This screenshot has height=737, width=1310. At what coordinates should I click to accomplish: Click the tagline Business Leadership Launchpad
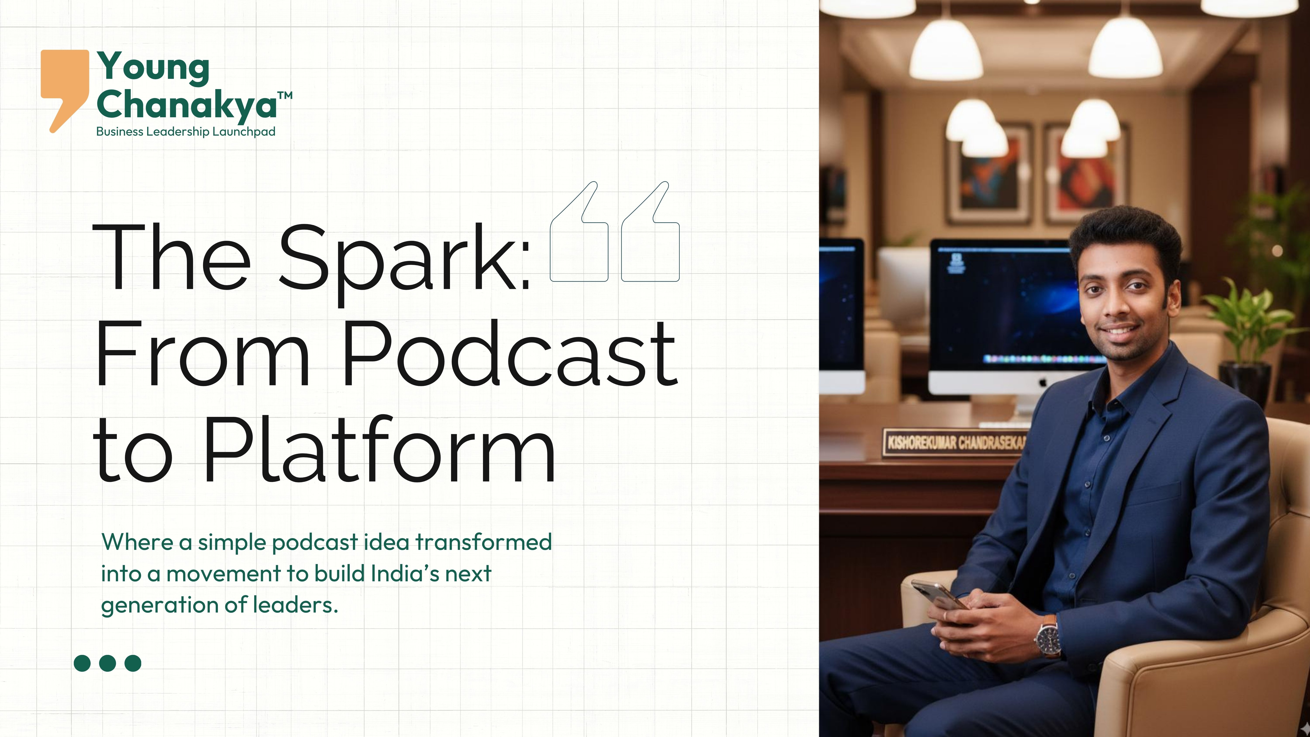tap(186, 132)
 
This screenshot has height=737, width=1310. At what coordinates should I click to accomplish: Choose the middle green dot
tap(107, 663)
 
